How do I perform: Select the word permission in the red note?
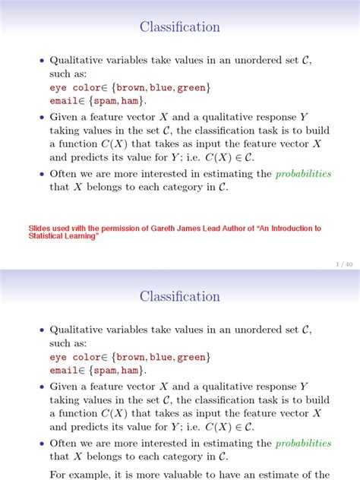coord(110,228)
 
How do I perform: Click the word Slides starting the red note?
coord(40,228)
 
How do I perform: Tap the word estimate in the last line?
coord(288,475)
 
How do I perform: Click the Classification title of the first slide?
coord(180,27)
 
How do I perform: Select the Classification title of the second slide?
coord(180,297)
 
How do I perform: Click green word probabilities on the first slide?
coord(304,174)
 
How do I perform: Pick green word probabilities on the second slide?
coord(304,444)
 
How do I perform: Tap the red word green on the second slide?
coord(191,357)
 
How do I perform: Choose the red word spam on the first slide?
coord(106,101)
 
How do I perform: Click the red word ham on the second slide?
coord(130,371)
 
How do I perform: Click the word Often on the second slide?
coord(65,444)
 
